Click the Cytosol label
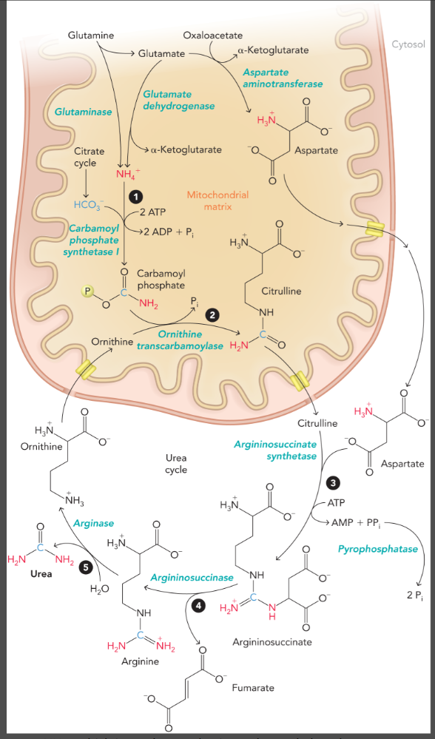(x=408, y=44)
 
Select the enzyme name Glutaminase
(x=83, y=112)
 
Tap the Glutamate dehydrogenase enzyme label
(x=167, y=100)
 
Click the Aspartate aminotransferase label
(x=283, y=78)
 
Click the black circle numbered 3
(x=332, y=482)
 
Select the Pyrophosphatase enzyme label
(x=377, y=549)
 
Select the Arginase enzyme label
(x=94, y=523)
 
